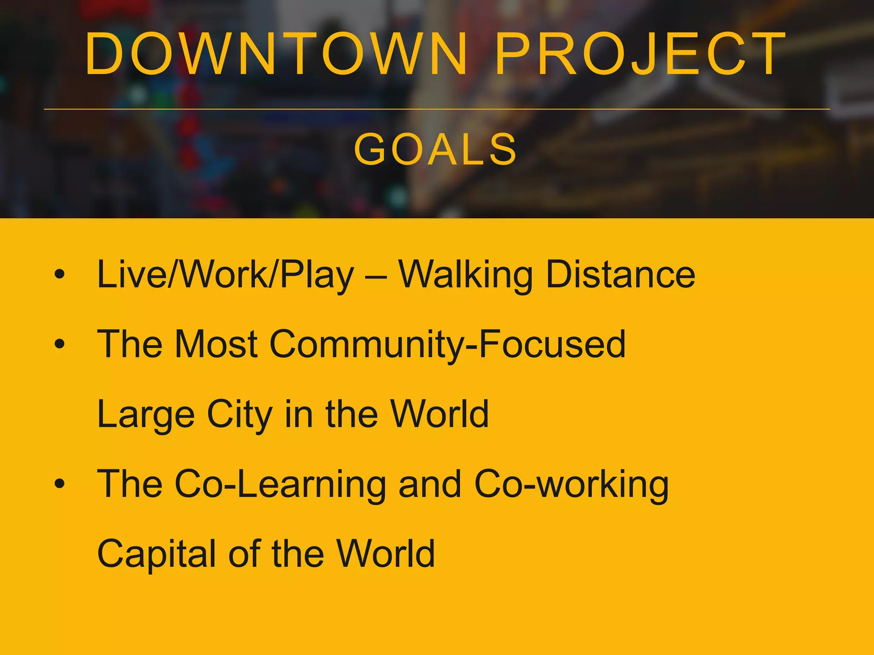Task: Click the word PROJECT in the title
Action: coord(640,55)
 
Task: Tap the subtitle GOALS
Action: coord(436,149)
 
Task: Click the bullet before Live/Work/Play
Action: coord(60,275)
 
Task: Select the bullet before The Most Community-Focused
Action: coord(60,344)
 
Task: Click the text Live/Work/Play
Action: coord(225,275)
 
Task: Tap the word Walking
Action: coord(465,275)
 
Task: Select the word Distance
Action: coord(621,275)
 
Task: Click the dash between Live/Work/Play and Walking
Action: coord(376,276)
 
